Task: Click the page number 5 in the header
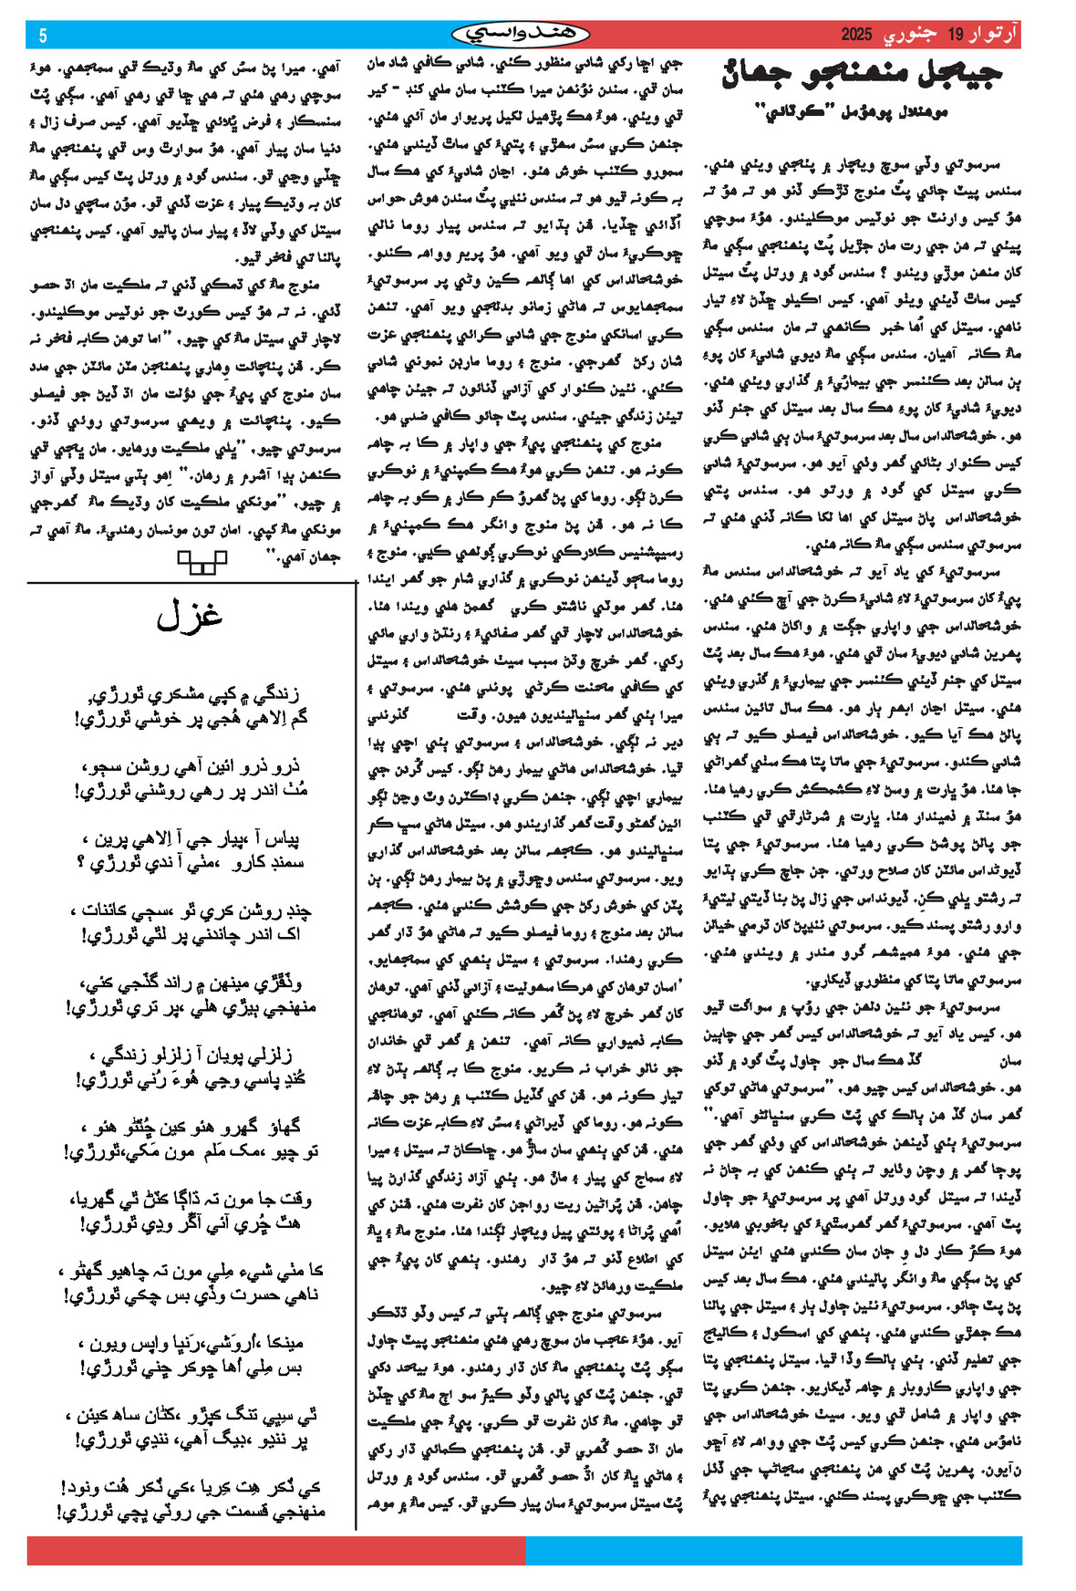43,36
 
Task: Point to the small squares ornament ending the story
202,560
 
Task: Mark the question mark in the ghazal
81,862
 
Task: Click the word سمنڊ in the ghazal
279,862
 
